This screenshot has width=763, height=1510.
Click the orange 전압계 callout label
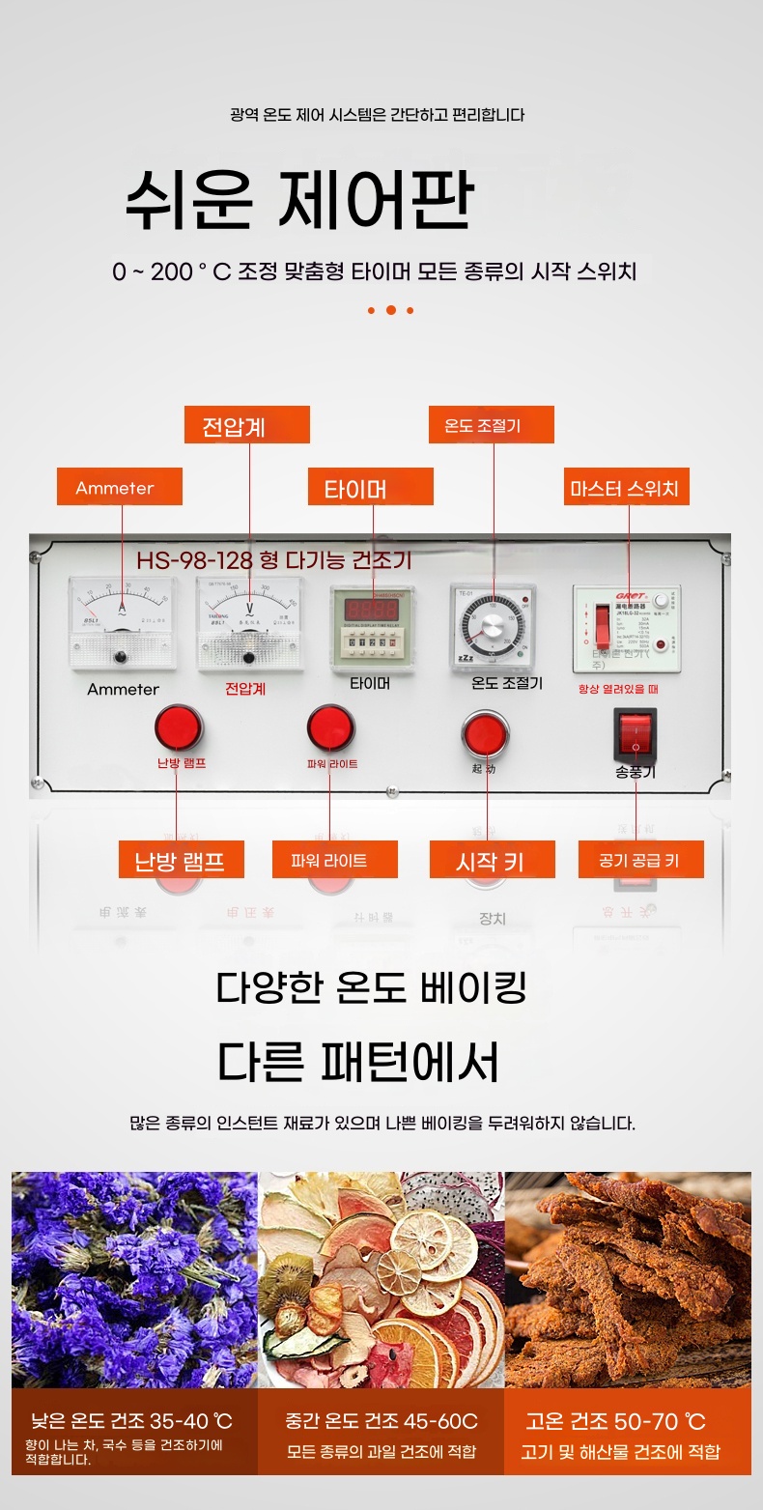(x=246, y=425)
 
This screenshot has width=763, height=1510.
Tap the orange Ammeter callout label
(x=119, y=487)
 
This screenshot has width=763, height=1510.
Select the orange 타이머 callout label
(x=370, y=487)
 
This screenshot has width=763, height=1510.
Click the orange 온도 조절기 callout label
(x=491, y=425)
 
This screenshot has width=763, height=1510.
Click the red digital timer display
(x=371, y=611)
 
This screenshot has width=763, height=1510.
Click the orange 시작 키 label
(x=491, y=859)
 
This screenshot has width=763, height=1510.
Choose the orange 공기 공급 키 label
(x=640, y=859)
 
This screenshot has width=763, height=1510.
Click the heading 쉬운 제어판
(x=299, y=199)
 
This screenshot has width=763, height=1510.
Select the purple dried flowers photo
(x=134, y=1279)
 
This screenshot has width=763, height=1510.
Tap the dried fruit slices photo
(x=381, y=1279)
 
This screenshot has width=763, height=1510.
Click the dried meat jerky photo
(x=628, y=1279)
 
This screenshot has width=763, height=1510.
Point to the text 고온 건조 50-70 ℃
(x=616, y=1421)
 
